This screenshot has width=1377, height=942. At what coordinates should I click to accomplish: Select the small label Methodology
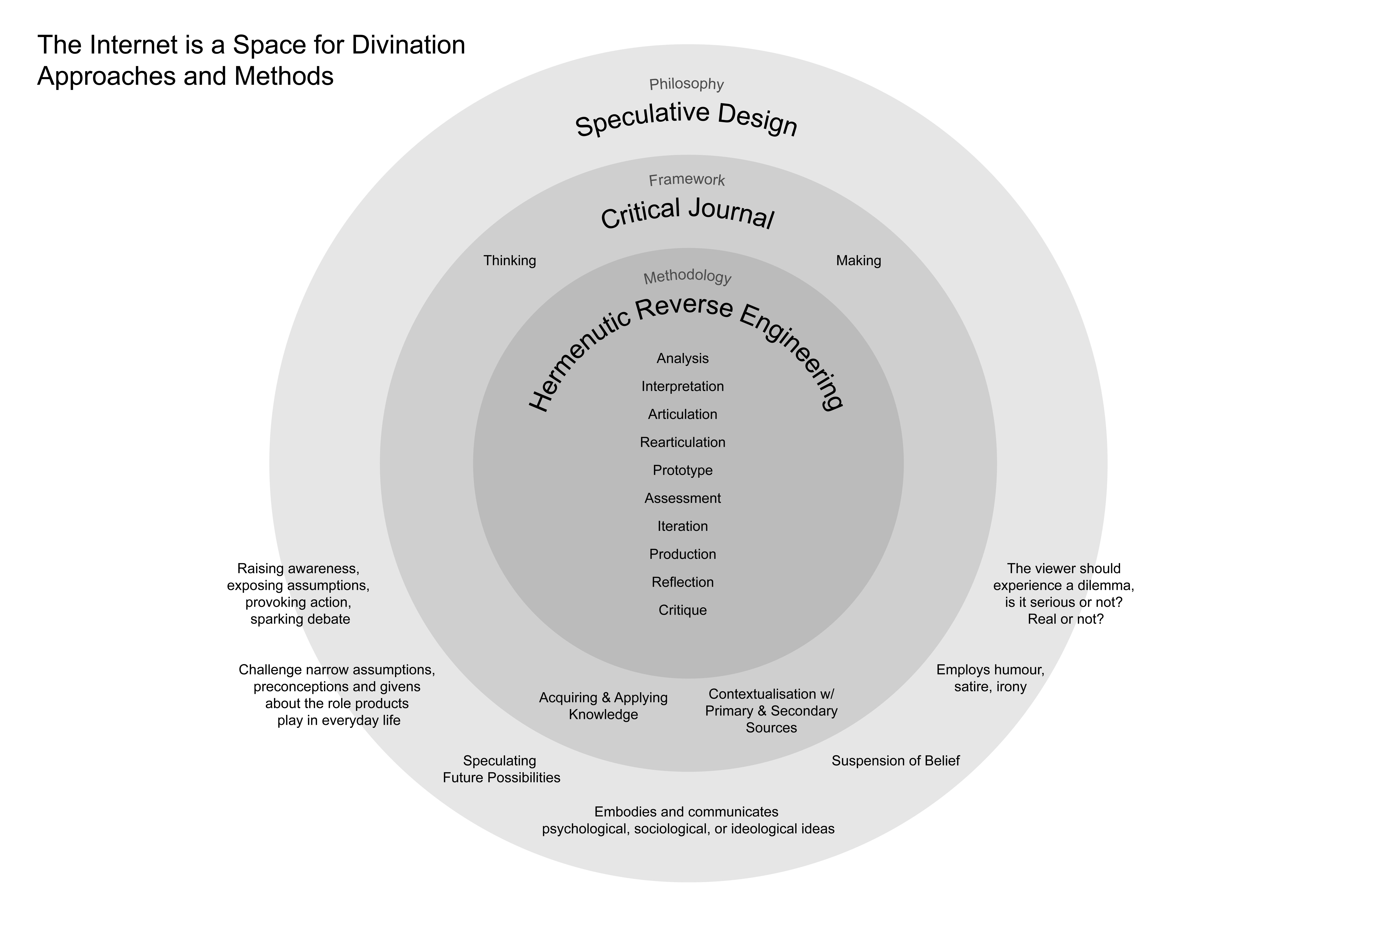(x=687, y=277)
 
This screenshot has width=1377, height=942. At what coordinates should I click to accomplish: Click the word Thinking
(x=510, y=261)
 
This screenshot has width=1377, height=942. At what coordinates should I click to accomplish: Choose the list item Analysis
(x=683, y=358)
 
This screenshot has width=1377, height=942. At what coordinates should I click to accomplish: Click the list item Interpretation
(x=683, y=386)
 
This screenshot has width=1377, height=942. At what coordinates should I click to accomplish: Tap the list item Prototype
(x=683, y=470)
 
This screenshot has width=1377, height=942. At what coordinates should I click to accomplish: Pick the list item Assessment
(x=683, y=498)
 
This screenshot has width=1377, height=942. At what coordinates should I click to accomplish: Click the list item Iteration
(x=683, y=526)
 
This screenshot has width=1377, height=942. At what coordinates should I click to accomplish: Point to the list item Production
(x=683, y=554)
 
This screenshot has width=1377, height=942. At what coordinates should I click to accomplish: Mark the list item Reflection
(x=683, y=582)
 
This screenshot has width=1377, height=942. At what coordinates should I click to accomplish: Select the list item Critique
(x=683, y=610)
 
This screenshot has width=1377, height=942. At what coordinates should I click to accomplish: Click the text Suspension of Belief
(x=895, y=761)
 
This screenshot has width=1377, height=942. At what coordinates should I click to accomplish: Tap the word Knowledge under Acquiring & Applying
(x=603, y=714)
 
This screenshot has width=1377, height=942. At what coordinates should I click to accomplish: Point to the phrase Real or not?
(x=1065, y=619)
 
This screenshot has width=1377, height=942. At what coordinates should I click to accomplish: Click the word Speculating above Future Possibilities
(x=499, y=761)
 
